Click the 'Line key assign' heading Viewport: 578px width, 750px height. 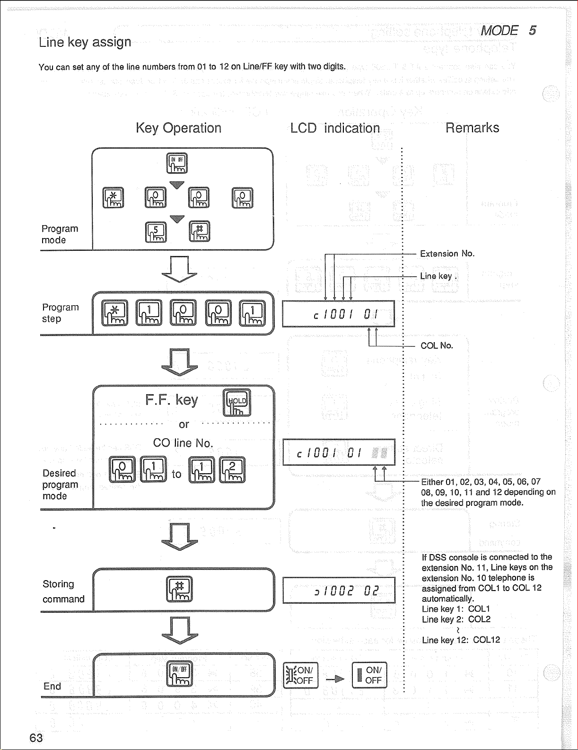tap(85, 42)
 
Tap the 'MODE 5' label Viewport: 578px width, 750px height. tap(508, 31)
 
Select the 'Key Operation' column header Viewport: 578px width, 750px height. tap(178, 128)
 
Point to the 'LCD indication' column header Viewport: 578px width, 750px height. tap(335, 128)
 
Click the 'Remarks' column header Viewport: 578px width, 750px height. tap(472, 128)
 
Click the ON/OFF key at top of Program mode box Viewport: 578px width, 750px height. tap(177, 163)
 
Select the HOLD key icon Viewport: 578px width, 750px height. tap(237, 403)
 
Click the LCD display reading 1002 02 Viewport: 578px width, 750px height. tap(339, 590)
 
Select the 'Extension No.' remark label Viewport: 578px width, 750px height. tap(447, 254)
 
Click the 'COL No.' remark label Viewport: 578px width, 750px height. tap(437, 345)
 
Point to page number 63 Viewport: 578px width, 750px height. tap(36, 738)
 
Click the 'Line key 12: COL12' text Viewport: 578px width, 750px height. tap(461, 640)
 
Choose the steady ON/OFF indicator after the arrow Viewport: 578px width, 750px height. tap(369, 675)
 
